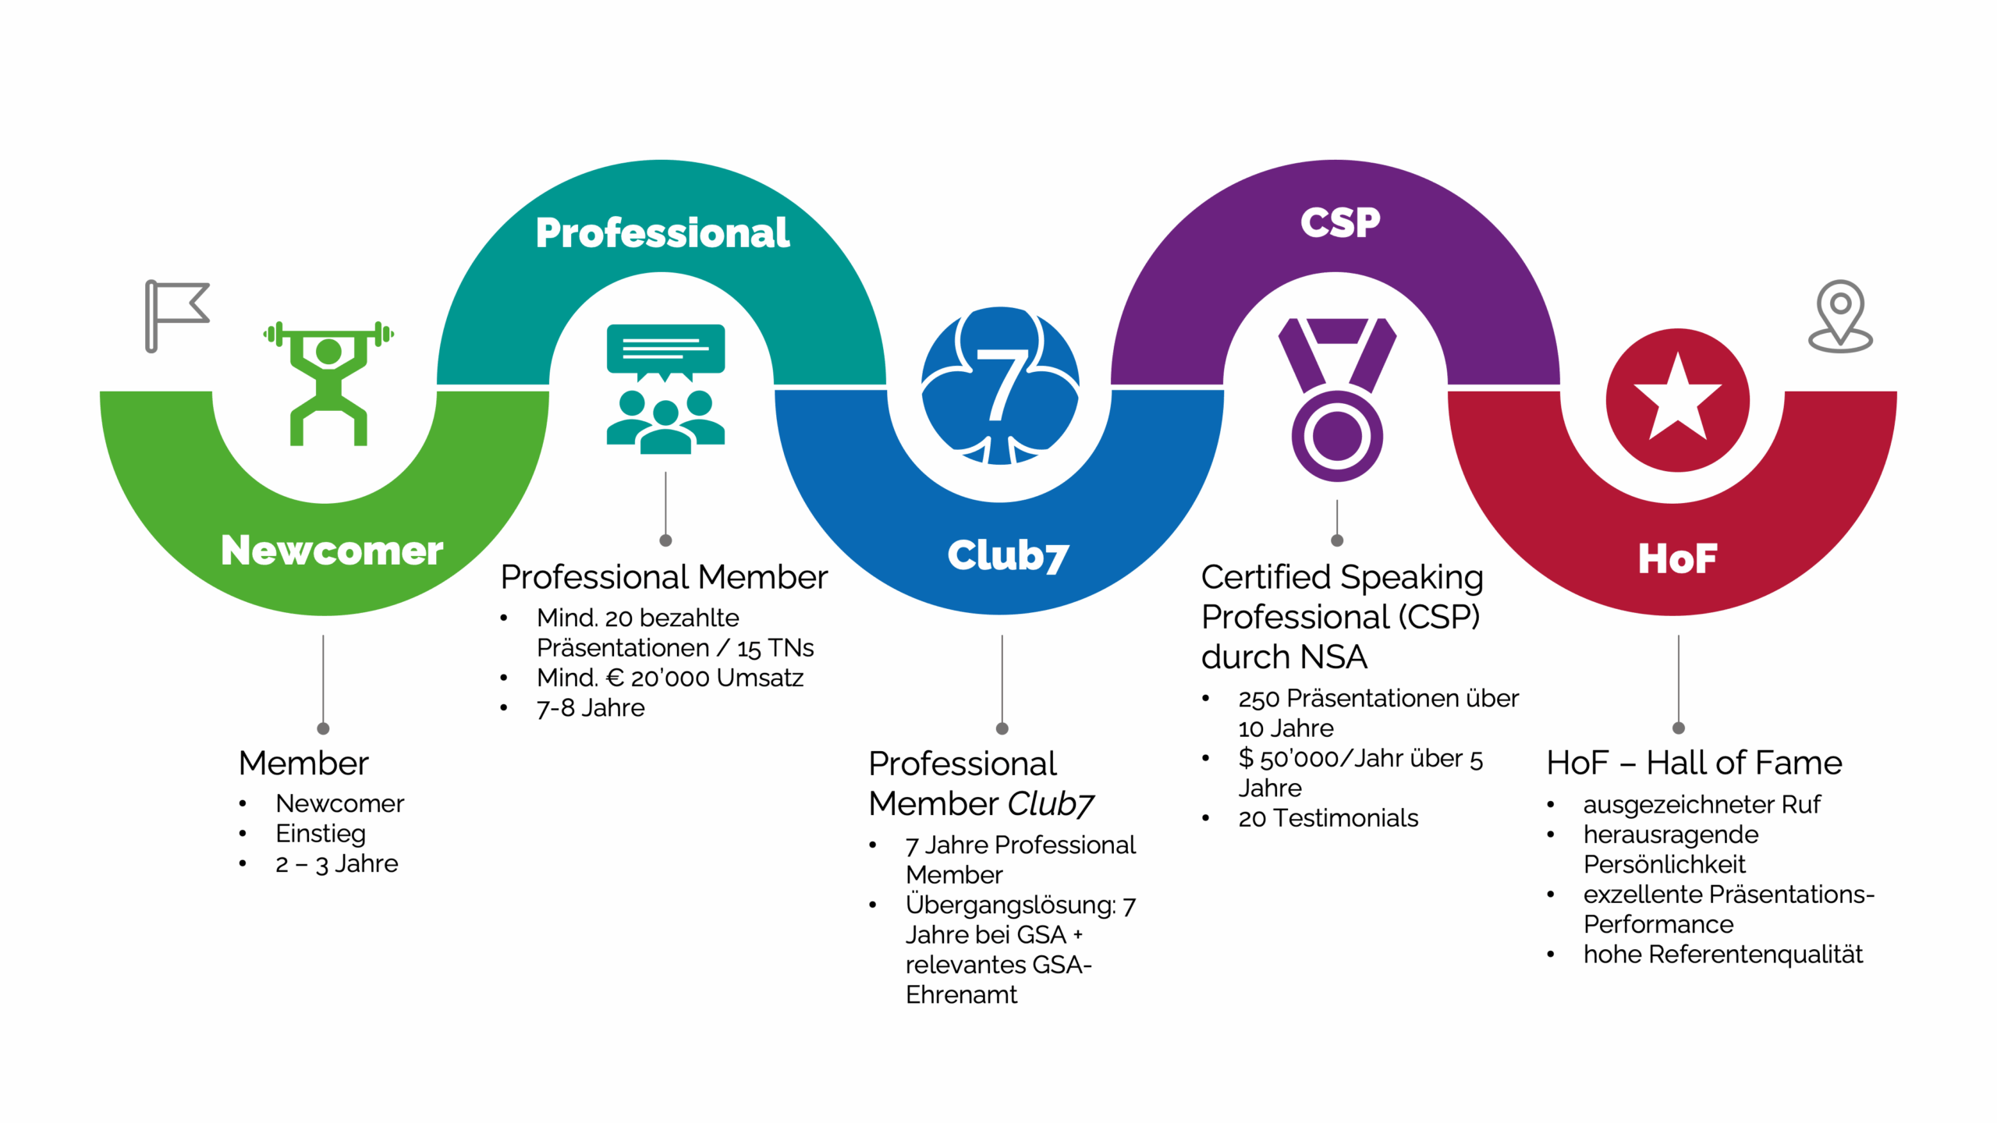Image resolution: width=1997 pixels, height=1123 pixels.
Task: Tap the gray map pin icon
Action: (1840, 316)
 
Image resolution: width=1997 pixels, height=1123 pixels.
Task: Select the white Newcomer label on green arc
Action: (332, 551)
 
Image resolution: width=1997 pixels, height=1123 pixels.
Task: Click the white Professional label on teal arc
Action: (662, 233)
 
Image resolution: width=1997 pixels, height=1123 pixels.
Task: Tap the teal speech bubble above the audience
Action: (665, 349)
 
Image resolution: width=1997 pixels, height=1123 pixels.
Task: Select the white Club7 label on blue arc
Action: (1007, 555)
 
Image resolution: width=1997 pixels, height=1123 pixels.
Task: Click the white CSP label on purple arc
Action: (1339, 223)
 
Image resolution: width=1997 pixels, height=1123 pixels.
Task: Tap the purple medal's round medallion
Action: (1336, 436)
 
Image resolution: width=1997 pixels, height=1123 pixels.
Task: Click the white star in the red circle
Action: (1677, 398)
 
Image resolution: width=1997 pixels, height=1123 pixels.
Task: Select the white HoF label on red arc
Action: (1677, 558)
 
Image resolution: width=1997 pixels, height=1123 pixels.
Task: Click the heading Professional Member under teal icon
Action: (664, 577)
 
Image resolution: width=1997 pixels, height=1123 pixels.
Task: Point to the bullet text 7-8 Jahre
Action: (591, 708)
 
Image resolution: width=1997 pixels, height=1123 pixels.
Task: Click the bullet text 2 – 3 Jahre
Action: (336, 864)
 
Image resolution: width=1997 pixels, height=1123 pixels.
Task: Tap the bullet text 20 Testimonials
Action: (1328, 818)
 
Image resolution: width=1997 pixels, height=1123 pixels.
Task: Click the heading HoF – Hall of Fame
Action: (1694, 763)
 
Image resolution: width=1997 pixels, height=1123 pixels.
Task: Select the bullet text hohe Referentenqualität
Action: (1722, 955)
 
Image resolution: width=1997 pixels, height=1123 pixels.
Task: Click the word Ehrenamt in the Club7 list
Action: (961, 995)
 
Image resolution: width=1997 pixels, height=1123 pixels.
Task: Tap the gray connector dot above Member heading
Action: (323, 728)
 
